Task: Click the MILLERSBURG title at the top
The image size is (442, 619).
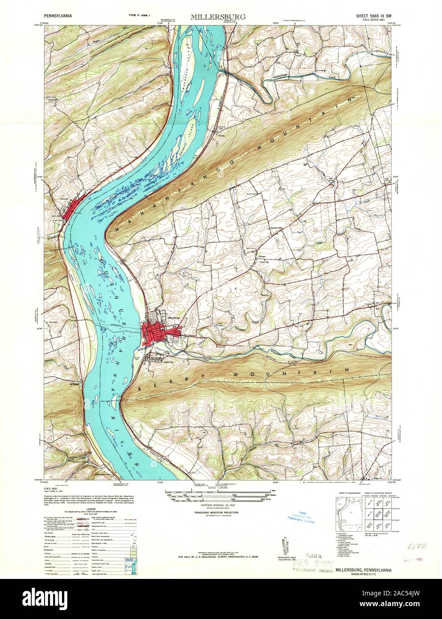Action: tap(218, 17)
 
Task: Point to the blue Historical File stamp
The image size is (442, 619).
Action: tap(297, 517)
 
